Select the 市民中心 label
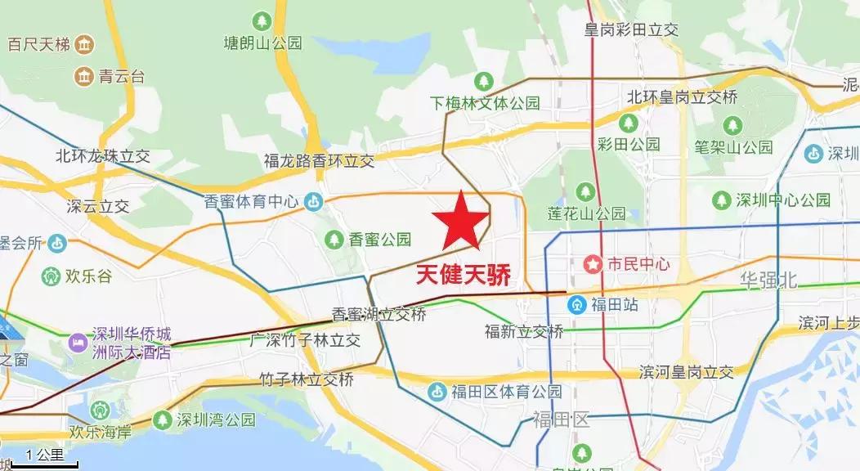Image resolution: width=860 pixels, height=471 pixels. (638, 264)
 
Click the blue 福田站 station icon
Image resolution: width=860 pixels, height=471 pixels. (577, 305)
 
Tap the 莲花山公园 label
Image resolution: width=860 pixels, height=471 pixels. (586, 214)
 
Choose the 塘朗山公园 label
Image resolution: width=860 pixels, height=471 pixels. (263, 41)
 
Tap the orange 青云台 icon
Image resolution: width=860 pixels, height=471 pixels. (83, 77)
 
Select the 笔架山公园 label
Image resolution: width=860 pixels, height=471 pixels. (733, 148)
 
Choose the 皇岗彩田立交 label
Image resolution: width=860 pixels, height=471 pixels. (631, 29)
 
